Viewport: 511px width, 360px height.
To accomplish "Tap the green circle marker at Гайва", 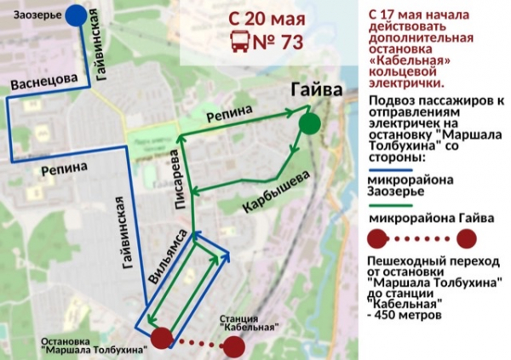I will pos(310,123).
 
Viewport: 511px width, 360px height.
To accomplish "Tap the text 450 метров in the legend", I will pos(410,314).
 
